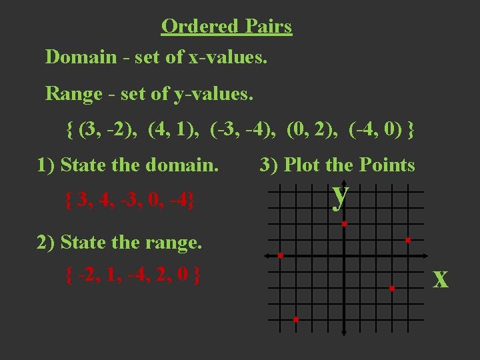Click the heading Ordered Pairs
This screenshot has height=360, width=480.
(x=227, y=27)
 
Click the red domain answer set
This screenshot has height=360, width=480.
(x=131, y=199)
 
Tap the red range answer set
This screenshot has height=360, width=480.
(x=133, y=274)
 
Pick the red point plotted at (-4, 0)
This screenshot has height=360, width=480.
(x=281, y=256)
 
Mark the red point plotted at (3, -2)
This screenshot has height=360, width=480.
(x=393, y=288)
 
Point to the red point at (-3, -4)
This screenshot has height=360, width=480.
(x=296, y=320)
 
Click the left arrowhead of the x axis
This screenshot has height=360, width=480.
(x=265, y=256)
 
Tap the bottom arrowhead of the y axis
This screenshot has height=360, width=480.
(x=344, y=333)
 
